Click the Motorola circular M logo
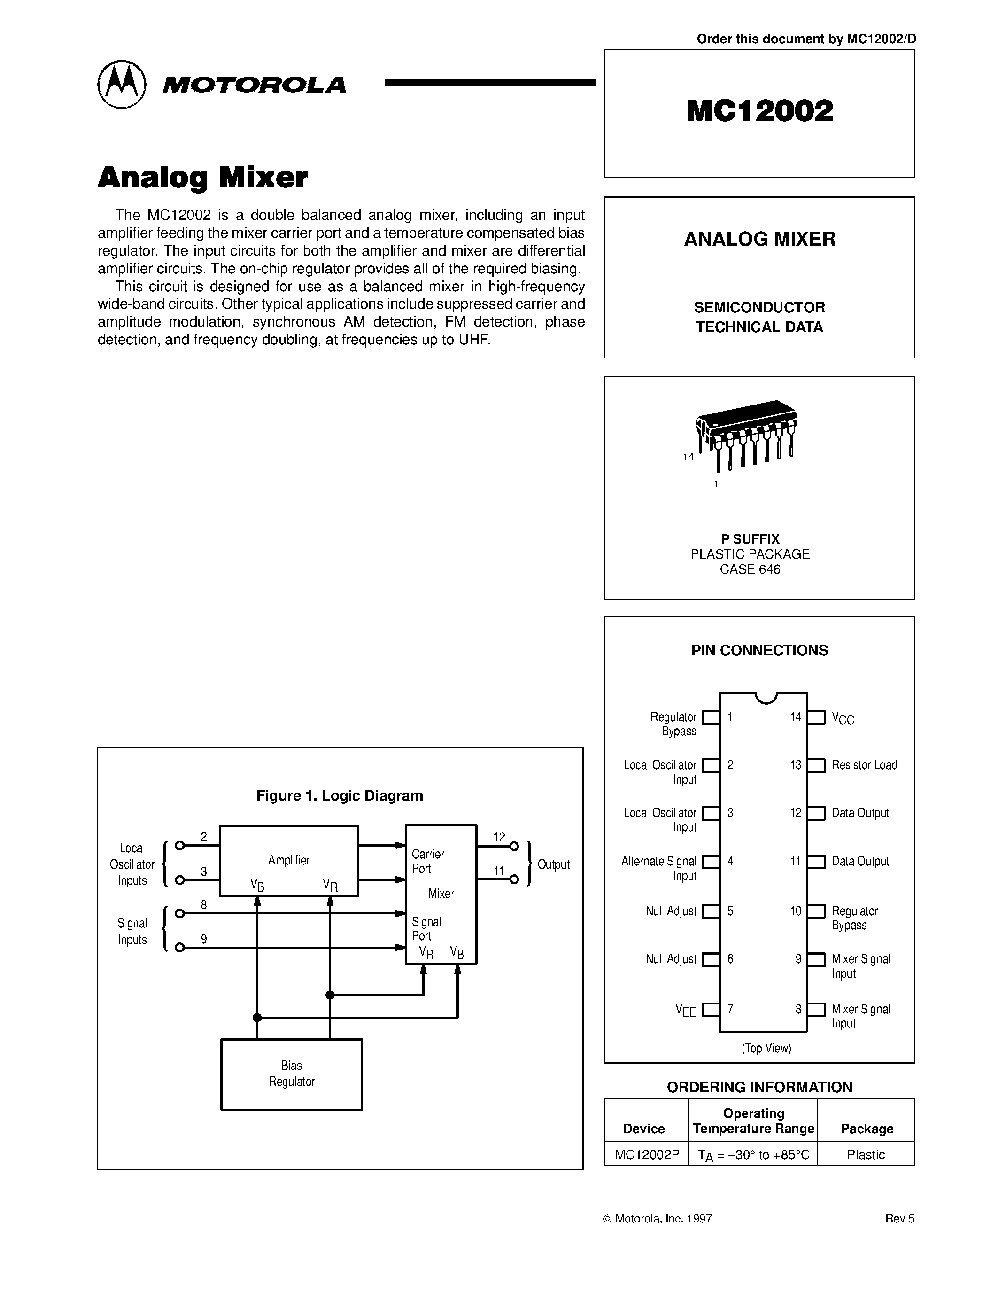[x=121, y=84]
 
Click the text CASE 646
[x=750, y=569]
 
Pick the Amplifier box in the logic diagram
[x=288, y=861]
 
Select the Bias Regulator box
[x=292, y=1074]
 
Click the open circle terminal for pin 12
[x=514, y=846]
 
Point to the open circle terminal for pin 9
[x=180, y=948]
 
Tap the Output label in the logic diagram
[x=553, y=864]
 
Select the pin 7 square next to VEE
[x=711, y=1009]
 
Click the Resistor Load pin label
[x=864, y=765]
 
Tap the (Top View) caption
[x=766, y=1048]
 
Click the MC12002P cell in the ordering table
[x=646, y=1154]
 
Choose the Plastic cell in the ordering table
[x=866, y=1154]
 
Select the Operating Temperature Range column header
[x=753, y=1121]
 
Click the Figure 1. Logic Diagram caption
[x=340, y=796]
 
